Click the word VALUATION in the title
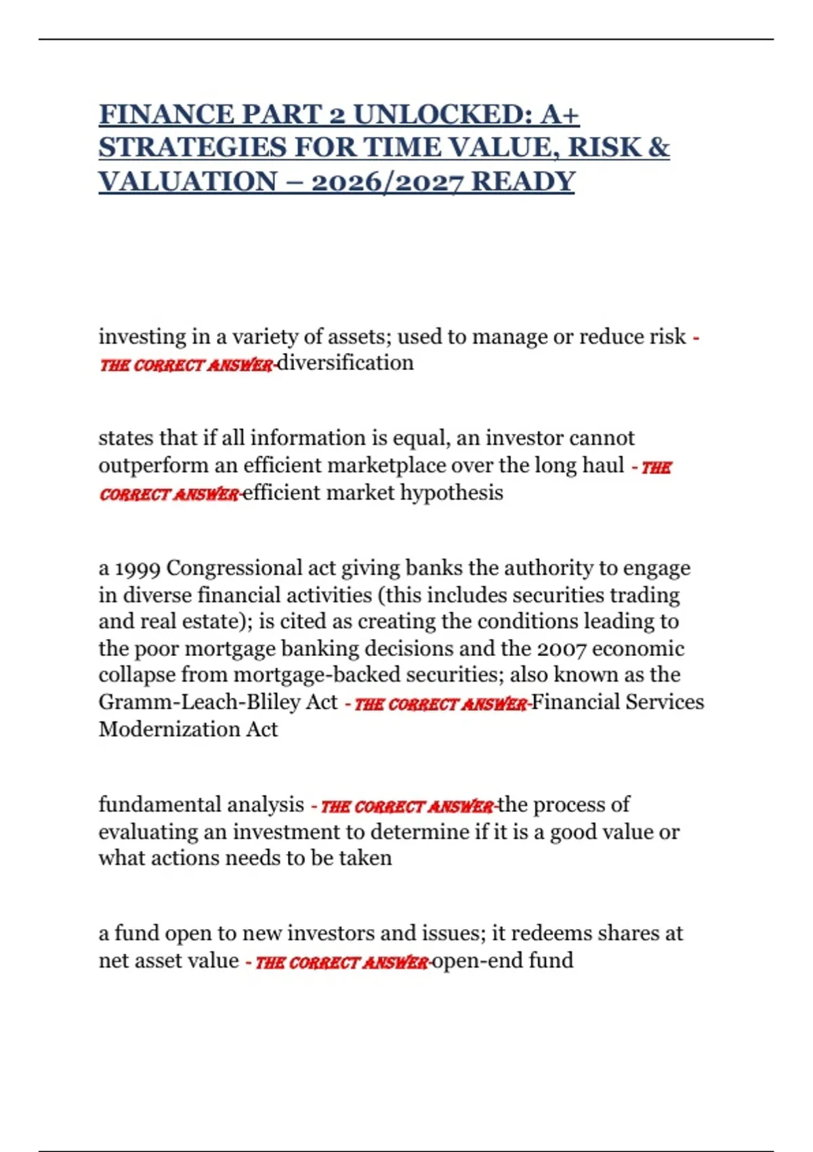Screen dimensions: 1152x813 (x=188, y=182)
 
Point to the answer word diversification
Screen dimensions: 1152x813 (x=346, y=363)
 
